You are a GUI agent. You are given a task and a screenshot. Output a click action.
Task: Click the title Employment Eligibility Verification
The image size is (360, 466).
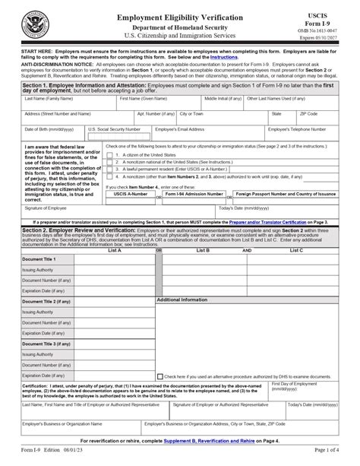coord(180,17)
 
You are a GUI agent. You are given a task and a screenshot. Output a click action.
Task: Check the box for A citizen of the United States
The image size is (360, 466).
coord(110,155)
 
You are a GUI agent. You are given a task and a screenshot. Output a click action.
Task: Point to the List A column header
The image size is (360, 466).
coord(115,249)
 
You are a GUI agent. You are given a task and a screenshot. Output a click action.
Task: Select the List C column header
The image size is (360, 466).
coord(296,249)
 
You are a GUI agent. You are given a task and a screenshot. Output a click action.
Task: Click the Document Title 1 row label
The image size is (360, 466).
coord(39,259)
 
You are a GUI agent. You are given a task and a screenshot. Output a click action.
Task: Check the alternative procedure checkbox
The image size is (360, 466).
coord(159,376)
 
